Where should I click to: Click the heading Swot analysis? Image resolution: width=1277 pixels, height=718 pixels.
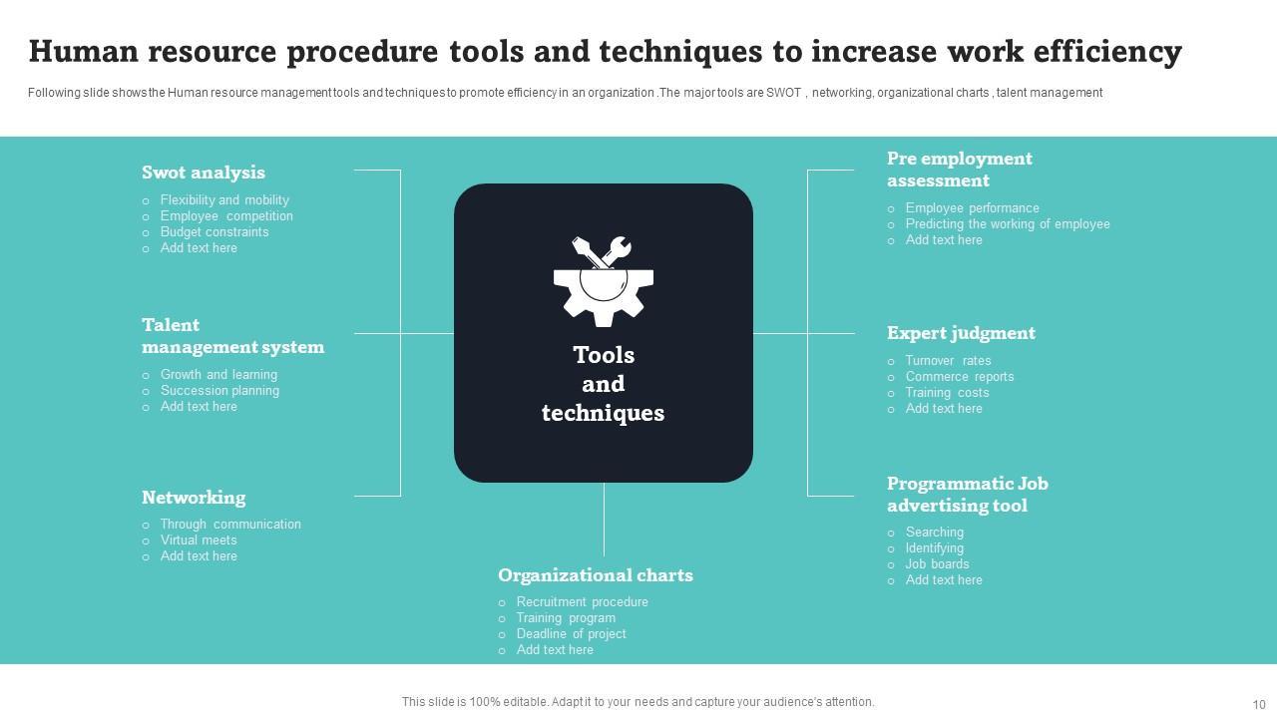204,173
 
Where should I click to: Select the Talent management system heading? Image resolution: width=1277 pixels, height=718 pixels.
232,336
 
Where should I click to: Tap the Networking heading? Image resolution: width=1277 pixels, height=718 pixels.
194,498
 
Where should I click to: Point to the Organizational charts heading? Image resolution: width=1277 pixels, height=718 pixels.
596,575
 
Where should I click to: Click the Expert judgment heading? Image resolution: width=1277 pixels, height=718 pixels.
961,333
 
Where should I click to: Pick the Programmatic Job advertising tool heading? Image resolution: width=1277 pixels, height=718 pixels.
967,495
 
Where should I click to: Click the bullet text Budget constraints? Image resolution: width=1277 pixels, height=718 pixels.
214,232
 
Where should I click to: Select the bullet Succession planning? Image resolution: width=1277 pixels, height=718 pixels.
219,391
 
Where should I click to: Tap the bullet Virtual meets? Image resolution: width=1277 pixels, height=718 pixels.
199,540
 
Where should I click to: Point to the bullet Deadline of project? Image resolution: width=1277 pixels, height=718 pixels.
571,634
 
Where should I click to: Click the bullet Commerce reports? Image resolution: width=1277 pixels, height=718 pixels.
960,377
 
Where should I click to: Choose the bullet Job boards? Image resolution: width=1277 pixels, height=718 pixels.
937,564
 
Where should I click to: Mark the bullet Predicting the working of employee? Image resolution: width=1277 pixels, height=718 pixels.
1008,224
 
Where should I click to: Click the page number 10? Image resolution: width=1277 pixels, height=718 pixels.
1258,704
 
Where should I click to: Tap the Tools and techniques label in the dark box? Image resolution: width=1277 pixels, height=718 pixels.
604,384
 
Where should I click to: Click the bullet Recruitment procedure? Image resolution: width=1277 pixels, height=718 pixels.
582,602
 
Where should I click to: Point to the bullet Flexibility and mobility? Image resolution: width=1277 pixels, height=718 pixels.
224,200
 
